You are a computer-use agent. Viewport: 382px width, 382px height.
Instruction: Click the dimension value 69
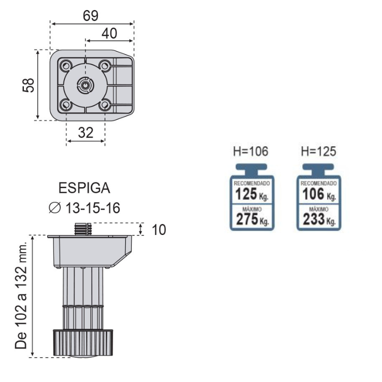coord(91,16)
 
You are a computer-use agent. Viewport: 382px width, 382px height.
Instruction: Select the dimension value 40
coord(109,33)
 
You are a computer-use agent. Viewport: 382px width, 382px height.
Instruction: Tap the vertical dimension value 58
coord(28,85)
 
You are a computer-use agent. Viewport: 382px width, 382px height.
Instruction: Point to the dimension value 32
coord(85,133)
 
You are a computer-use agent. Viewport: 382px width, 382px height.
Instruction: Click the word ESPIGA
coord(85,188)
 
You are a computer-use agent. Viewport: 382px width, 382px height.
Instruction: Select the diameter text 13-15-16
coord(93,208)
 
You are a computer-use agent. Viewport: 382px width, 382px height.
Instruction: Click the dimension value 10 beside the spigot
coord(159,230)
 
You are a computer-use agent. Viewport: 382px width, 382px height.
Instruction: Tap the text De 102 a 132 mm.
coord(21,295)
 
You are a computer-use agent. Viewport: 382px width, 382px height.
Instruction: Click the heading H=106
coord(251,151)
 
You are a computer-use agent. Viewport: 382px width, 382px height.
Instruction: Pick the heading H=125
coord(318,151)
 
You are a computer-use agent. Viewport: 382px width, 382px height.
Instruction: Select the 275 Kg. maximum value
coord(253,219)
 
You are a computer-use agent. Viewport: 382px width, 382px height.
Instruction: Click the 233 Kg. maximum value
coord(319,219)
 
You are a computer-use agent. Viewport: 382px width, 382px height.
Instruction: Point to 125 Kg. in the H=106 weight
coord(252,194)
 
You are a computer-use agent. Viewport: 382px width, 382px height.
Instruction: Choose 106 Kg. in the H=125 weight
coord(319,194)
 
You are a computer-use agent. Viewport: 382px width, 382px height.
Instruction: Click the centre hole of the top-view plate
coord(85,85)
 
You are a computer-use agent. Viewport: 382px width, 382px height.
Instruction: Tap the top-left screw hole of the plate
coord(65,65)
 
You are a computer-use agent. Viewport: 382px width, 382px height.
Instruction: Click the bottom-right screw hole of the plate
coord(105,105)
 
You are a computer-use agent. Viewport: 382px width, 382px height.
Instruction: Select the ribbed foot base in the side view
coord(83,343)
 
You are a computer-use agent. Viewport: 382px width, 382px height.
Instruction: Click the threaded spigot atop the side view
coord(83,229)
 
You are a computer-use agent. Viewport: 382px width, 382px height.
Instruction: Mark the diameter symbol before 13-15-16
coord(54,208)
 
